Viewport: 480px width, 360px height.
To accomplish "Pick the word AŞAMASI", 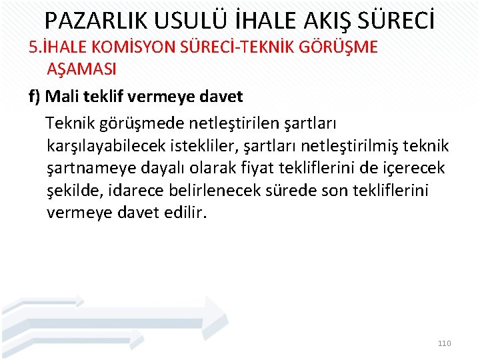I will tap(82, 69).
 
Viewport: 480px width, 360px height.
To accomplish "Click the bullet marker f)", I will tap(36, 97).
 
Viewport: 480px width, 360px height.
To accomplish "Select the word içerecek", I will tap(414, 169).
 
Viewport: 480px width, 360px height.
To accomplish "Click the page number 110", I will tap(444, 343).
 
